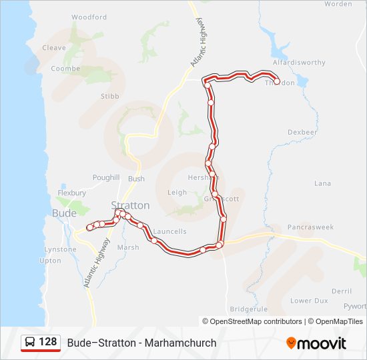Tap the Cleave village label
(x=54, y=48)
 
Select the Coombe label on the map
(x=65, y=69)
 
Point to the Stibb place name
(x=109, y=97)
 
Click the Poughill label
(x=106, y=179)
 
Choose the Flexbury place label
(x=72, y=193)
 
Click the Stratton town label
(x=130, y=205)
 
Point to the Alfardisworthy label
(x=299, y=63)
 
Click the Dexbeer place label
(x=302, y=133)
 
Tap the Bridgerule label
(x=248, y=309)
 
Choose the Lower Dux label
(x=309, y=301)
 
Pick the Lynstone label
(x=60, y=249)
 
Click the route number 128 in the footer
(x=48, y=342)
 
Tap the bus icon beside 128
(x=30, y=343)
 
